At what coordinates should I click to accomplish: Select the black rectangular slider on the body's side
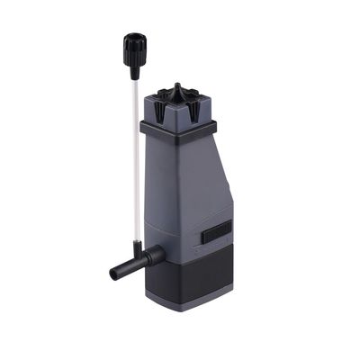pos(216,231)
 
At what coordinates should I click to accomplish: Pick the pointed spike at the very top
pos(176,87)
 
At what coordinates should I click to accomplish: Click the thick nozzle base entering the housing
pos(153,256)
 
